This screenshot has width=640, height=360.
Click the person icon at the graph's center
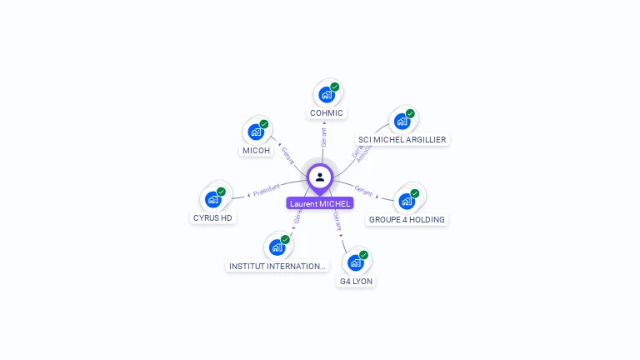[320, 177]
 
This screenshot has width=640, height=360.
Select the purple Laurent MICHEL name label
[320, 203]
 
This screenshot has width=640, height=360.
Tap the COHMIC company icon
[327, 94]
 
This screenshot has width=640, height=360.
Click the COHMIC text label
[327, 113]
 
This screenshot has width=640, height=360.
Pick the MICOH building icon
[256, 132]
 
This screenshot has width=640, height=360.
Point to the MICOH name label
[256, 151]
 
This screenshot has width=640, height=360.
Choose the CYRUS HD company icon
[213, 199]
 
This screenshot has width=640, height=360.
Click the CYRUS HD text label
[212, 218]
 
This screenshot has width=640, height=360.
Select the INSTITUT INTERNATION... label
[277, 267]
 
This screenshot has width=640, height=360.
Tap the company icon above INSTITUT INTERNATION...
[277, 247]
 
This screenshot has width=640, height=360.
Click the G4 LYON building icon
[356, 262]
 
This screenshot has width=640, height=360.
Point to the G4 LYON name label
[356, 282]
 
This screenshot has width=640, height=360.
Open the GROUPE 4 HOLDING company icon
[407, 200]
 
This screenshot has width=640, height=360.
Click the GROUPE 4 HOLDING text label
[407, 220]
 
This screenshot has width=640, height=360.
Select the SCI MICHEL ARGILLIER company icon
[402, 121]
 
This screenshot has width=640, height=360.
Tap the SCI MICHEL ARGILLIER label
[402, 140]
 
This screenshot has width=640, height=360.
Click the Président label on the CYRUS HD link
[267, 191]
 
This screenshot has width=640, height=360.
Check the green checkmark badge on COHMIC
[335, 87]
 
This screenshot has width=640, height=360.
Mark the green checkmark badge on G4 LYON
[363, 255]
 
